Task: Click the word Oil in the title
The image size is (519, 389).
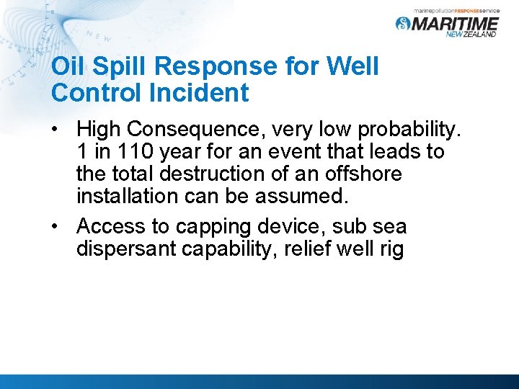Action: point(68,67)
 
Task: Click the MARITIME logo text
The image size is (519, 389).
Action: point(454,24)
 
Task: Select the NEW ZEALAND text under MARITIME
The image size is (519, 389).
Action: point(471,34)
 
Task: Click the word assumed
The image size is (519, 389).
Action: point(302,197)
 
